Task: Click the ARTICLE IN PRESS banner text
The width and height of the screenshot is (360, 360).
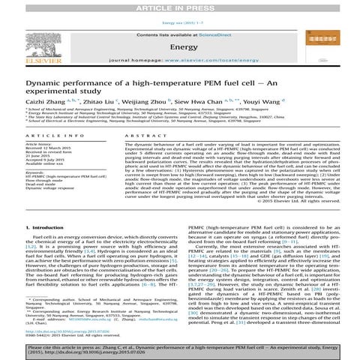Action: point(180,6)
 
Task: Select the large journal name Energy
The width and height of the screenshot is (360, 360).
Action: point(179,45)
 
